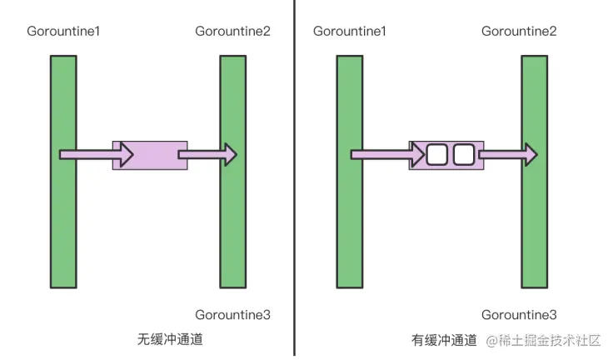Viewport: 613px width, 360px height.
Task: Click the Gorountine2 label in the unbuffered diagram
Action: coord(232,32)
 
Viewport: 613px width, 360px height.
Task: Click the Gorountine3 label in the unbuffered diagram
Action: coord(232,315)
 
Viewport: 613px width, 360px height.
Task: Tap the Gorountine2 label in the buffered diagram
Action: coord(519,32)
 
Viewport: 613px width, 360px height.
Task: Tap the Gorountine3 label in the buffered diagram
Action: coord(519,315)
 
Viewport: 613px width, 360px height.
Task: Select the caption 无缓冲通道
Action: coord(170,340)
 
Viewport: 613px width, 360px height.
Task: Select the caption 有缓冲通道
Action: coord(444,340)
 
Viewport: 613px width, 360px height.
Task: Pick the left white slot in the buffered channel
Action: coord(437,154)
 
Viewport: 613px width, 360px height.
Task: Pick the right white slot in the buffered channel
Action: coord(463,154)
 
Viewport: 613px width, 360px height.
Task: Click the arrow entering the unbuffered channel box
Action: coord(96,154)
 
